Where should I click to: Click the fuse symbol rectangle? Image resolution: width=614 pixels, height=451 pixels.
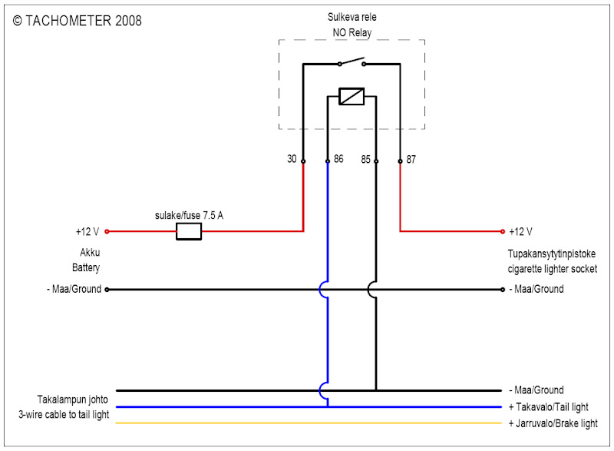[x=189, y=231]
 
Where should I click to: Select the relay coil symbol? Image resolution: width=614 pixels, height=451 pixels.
[x=352, y=98]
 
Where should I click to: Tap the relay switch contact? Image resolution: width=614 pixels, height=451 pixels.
[x=352, y=62]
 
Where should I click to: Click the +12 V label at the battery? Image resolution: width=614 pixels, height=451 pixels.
[x=88, y=231]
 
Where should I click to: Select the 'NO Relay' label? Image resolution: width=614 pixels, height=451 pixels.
[x=352, y=33]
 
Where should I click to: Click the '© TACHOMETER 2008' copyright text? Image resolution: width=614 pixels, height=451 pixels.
[x=78, y=21]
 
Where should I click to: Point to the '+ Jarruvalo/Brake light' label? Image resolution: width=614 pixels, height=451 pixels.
[x=552, y=424]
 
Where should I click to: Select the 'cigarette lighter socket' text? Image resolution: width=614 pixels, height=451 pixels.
[x=552, y=269]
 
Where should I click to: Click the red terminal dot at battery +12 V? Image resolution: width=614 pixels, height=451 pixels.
[x=107, y=231]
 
